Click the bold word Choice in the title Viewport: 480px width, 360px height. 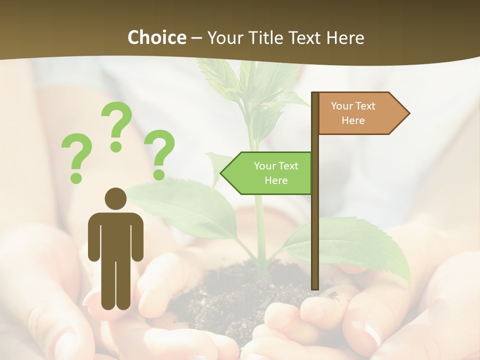pyautogui.click(x=156, y=37)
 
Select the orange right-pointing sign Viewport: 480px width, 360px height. pyautogui.click(x=360, y=113)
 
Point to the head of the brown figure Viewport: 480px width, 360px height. pyautogui.click(x=115, y=198)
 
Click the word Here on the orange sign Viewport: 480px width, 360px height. pyautogui.click(x=353, y=120)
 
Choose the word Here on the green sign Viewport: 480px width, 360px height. pyautogui.click(x=276, y=180)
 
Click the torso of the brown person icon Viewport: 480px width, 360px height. pyautogui.click(x=115, y=235)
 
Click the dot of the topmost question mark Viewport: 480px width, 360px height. pyautogui.click(x=116, y=146)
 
